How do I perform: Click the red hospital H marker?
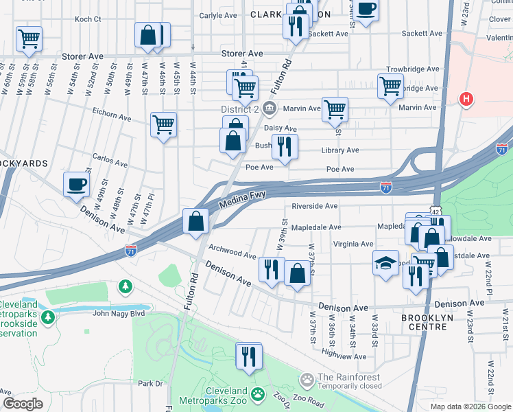467,99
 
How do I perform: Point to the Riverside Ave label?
314,206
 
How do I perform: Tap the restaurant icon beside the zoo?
249,356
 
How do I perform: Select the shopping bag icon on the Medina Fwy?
196,221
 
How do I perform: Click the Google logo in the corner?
23,404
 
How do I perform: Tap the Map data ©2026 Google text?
470,407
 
